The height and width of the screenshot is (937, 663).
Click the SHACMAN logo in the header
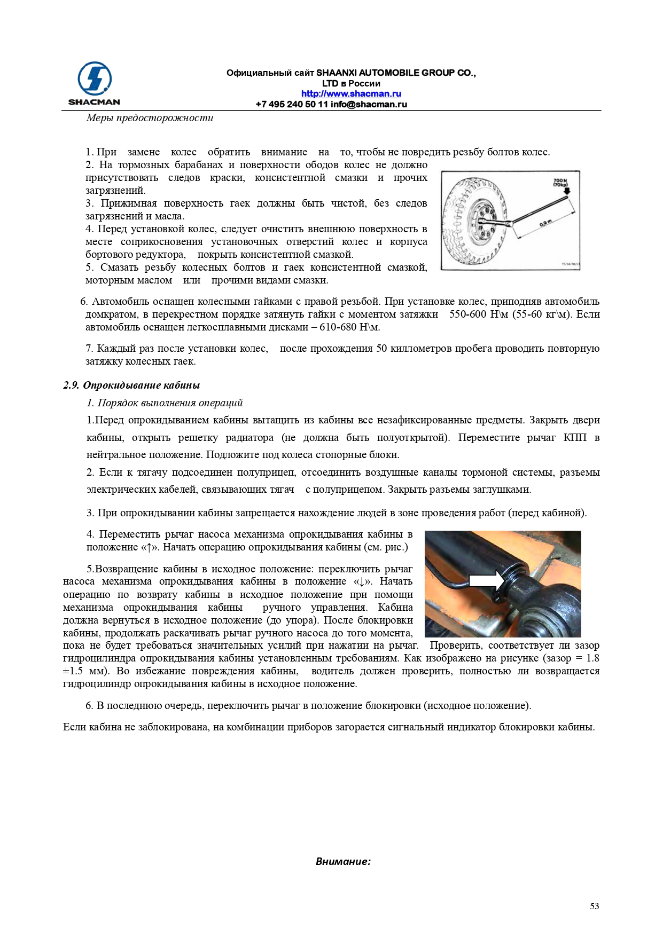tap(94, 83)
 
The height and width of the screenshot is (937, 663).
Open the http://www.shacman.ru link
tap(351, 93)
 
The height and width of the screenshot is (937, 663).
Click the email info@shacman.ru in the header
tap(369, 104)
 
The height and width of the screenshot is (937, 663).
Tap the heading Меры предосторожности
tap(150, 118)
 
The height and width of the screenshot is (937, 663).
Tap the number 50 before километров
tap(381, 349)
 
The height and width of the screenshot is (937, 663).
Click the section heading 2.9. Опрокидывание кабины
tap(131, 385)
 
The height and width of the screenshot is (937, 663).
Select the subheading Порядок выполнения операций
tap(169, 403)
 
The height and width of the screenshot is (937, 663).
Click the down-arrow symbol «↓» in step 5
tap(362, 581)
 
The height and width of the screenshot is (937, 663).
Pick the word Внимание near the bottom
tap(343, 861)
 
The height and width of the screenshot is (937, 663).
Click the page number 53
tap(594, 906)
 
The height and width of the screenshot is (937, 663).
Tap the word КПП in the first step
tap(574, 438)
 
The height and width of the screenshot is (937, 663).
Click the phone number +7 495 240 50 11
tap(292, 104)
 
